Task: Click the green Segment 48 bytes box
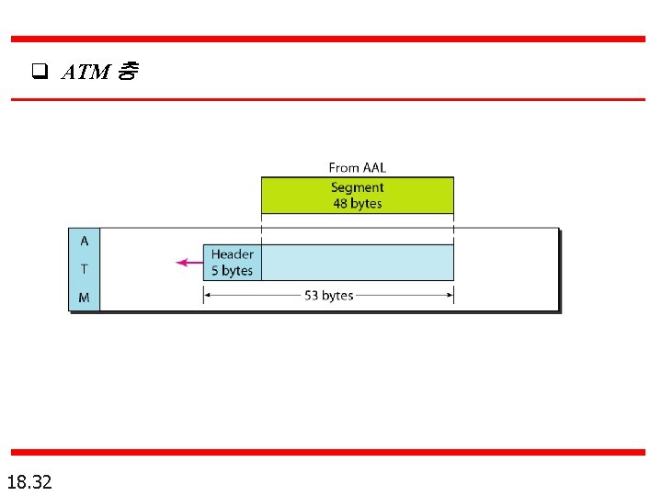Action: pos(357,195)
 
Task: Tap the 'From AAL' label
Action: pos(357,167)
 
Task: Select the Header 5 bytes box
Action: pos(232,262)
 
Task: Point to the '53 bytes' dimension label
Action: pos(329,296)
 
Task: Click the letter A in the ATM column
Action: pos(85,241)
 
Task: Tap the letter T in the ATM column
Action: pos(85,269)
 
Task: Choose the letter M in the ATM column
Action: pos(85,298)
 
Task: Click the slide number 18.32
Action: pos(29,480)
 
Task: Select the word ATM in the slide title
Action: pos(86,72)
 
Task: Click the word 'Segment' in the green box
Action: pos(357,187)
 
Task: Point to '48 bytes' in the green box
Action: pos(357,203)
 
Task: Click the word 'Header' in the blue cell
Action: pos(233,254)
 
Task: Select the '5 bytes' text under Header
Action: pos(232,270)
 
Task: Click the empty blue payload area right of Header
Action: pos(357,262)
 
